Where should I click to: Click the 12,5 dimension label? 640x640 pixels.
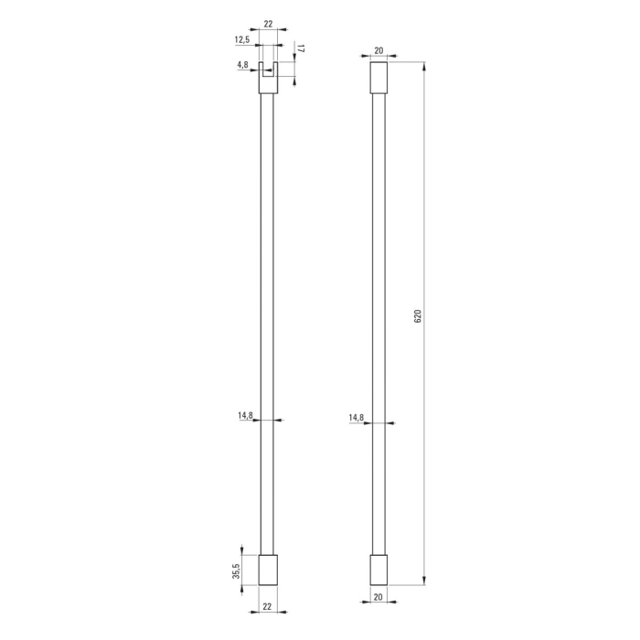tap(241, 40)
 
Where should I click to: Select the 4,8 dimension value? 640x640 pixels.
tap(242, 65)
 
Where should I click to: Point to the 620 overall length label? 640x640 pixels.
tap(417, 316)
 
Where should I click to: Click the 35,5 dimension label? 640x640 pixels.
tap(236, 571)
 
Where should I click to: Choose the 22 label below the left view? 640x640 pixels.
tap(267, 606)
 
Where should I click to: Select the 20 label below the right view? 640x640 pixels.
tap(378, 597)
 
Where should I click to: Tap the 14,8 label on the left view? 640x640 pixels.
tap(245, 416)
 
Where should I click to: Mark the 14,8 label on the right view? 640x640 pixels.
tap(356, 418)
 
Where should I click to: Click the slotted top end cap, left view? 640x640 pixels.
tap(267, 84)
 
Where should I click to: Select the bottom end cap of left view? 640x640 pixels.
tap(267, 570)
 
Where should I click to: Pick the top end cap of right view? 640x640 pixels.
tap(378, 77)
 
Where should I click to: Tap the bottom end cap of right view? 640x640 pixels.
tap(378, 570)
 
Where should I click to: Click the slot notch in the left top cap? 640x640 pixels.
tap(267, 71)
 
